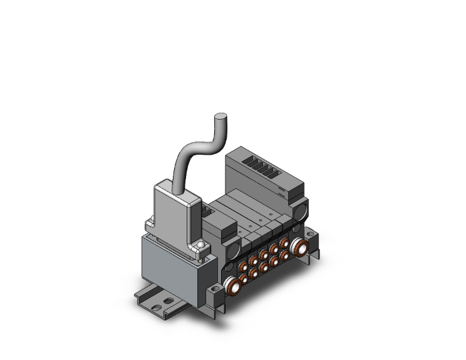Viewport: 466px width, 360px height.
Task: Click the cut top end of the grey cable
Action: coord(220,117)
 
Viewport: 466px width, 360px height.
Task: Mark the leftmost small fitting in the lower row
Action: coord(244,279)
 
